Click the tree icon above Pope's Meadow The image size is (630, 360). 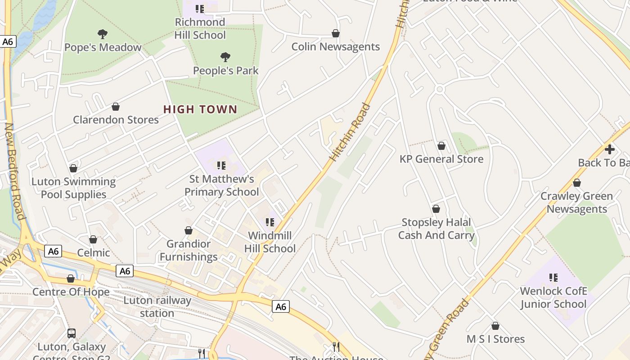pyautogui.click(x=103, y=34)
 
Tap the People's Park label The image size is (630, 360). pyautogui.click(x=226, y=71)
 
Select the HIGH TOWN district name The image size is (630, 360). pyautogui.click(x=200, y=109)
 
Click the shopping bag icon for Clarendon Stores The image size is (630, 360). pyautogui.click(x=116, y=107)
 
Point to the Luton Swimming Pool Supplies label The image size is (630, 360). pyautogui.click(x=73, y=188)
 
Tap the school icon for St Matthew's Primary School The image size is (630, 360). pyautogui.click(x=221, y=166)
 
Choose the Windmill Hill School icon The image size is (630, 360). pyautogui.click(x=270, y=222)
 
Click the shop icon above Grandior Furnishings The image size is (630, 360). pyautogui.click(x=189, y=230)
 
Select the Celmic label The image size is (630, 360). pyautogui.click(x=94, y=252)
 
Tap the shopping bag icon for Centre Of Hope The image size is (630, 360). pyautogui.click(x=71, y=279)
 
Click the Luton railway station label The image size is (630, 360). pyautogui.click(x=157, y=307)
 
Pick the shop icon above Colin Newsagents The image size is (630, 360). pyautogui.click(x=335, y=33)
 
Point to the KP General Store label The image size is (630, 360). pyautogui.click(x=441, y=159)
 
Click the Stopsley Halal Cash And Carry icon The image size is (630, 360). pyautogui.click(x=436, y=209)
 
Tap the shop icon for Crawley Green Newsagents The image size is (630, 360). pyautogui.click(x=576, y=183)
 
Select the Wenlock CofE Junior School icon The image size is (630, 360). pyautogui.click(x=553, y=278)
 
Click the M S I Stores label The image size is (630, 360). pyautogui.click(x=495, y=339)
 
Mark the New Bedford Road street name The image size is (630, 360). pyautogui.click(x=14, y=171)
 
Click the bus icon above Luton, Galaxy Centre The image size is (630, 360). pyautogui.click(x=72, y=333)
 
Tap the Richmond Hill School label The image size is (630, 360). pyautogui.click(x=200, y=28)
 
